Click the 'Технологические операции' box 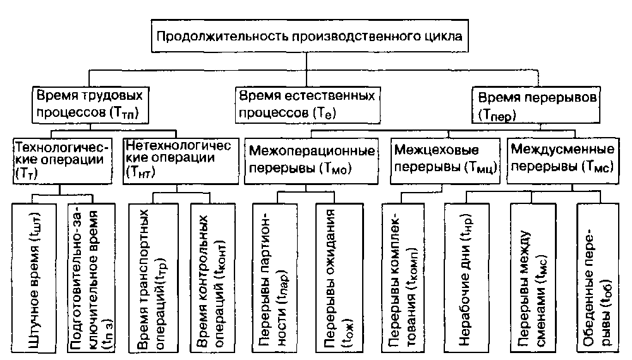point(61,159)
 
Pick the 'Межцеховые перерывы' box point(444,159)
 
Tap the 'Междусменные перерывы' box point(561,159)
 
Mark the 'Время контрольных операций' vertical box point(211,277)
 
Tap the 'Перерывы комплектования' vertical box point(403,277)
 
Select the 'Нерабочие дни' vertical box point(466,277)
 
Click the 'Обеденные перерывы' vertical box point(595,277)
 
